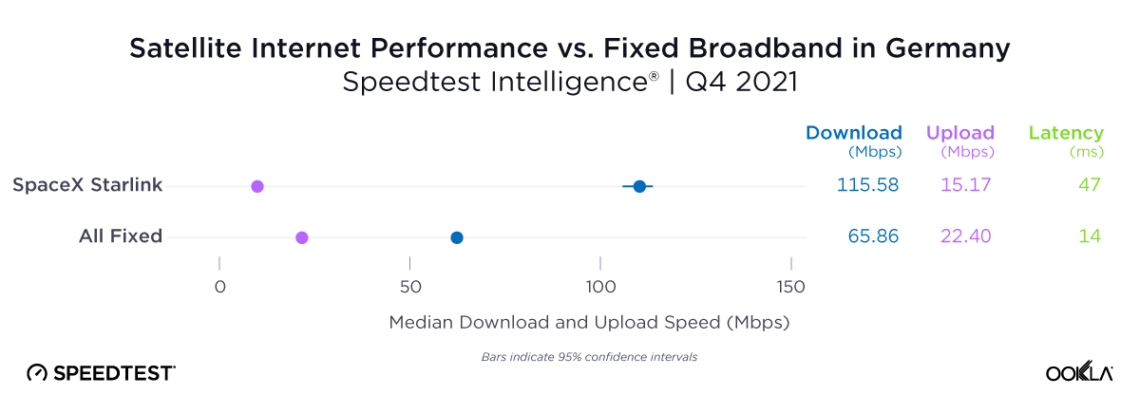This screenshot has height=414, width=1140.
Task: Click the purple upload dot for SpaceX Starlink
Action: [x=256, y=186]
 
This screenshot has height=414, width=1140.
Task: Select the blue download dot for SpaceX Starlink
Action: [x=639, y=186]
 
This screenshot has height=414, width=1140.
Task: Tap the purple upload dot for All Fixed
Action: [x=302, y=237]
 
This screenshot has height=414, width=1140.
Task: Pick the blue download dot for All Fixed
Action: [x=457, y=237]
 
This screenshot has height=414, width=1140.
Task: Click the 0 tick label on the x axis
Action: [x=219, y=287]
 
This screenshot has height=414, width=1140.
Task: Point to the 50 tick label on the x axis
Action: [x=409, y=287]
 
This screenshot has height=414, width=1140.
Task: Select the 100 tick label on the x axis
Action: [x=600, y=287]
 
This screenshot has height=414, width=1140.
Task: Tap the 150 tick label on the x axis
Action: [x=791, y=287]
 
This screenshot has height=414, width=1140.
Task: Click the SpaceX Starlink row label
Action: [x=87, y=185]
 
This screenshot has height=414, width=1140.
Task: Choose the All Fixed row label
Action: [x=121, y=236]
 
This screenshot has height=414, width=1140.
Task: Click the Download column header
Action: [x=853, y=133]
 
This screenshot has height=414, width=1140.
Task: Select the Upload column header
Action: [x=959, y=133]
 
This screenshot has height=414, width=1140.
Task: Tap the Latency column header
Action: [x=1066, y=133]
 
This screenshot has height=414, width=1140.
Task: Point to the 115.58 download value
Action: [x=867, y=185]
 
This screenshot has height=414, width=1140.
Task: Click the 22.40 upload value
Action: [x=965, y=236]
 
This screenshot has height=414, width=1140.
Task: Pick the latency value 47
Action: [x=1089, y=185]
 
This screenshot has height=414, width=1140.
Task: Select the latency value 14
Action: [x=1090, y=236]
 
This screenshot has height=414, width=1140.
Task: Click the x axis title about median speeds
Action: [x=589, y=323]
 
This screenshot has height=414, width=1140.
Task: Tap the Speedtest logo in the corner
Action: [x=101, y=373]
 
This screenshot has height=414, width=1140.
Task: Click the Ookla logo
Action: [x=1079, y=373]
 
